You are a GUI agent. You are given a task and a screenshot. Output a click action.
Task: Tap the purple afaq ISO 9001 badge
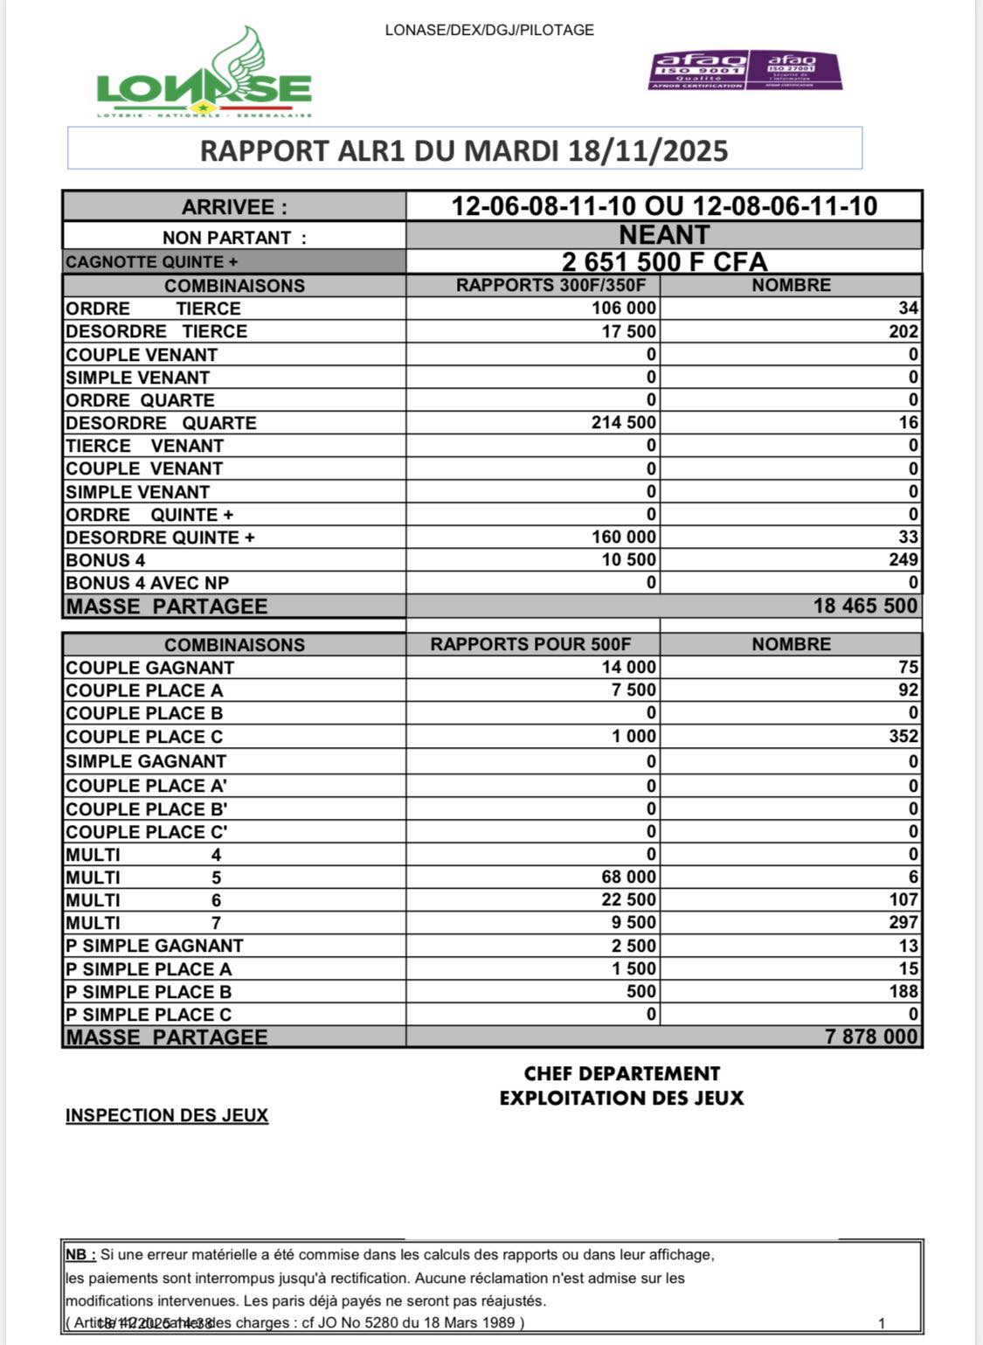tap(698, 70)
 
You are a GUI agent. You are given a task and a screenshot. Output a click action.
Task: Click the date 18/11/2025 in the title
tap(647, 151)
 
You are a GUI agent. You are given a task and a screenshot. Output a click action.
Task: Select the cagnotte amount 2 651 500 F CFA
tap(664, 262)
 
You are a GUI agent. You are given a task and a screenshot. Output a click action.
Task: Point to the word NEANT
tap(664, 235)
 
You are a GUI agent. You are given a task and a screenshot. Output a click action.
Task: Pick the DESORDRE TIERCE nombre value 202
tap(903, 331)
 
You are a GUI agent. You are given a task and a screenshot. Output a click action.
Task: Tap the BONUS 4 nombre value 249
tap(903, 560)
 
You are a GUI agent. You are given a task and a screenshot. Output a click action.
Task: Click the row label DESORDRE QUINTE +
tap(160, 537)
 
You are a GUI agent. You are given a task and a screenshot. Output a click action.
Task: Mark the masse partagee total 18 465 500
tap(865, 607)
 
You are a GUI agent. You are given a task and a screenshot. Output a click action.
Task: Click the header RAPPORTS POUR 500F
tap(530, 645)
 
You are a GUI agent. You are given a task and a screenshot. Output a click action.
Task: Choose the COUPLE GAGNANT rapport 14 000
tap(627, 668)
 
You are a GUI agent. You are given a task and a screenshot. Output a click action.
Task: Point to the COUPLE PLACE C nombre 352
tap(903, 737)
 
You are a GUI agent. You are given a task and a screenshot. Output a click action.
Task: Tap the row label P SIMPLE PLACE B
tap(149, 992)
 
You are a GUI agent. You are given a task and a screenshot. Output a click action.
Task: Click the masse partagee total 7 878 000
tap(871, 1037)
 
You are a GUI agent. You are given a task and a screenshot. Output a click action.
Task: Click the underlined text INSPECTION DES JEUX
tap(167, 1116)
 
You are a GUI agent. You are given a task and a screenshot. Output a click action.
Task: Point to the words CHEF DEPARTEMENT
tap(622, 1074)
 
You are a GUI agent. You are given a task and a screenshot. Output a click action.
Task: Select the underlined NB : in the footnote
tap(80, 1255)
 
